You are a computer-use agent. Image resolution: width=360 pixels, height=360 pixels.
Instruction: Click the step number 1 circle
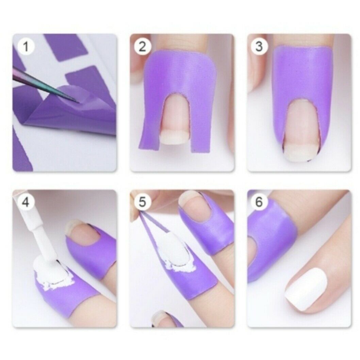click(x=26, y=47)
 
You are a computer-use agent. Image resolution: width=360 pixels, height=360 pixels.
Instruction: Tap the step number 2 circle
click(x=142, y=47)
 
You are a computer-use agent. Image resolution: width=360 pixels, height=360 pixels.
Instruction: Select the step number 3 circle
click(x=259, y=47)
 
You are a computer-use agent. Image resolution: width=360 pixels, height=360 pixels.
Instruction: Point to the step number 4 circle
click(x=26, y=202)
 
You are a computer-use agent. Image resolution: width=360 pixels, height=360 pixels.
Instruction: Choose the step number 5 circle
click(x=142, y=202)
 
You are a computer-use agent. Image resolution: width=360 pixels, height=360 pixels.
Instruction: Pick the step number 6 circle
click(x=259, y=202)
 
